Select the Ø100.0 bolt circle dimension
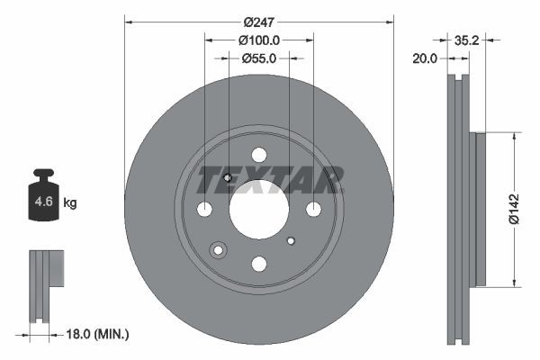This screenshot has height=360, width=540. tap(259, 40)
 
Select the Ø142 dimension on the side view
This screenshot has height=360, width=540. tap(513, 208)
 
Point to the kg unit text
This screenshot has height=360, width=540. tap(70, 203)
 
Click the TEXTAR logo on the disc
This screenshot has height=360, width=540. tap(270, 180)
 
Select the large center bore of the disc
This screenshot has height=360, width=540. tap(258, 210)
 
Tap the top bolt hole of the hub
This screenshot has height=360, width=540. tap(259, 155)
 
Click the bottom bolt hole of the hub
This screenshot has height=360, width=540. tap(259, 264)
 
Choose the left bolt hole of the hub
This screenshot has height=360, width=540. tap(204, 210)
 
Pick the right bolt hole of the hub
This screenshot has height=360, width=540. tap(313, 210)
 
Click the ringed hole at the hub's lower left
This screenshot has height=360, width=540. tap(218, 250)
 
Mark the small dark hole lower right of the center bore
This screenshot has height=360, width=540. tap(291, 241)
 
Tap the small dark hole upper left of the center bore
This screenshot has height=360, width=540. tap(228, 178)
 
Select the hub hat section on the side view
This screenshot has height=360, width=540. tap(479, 209)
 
